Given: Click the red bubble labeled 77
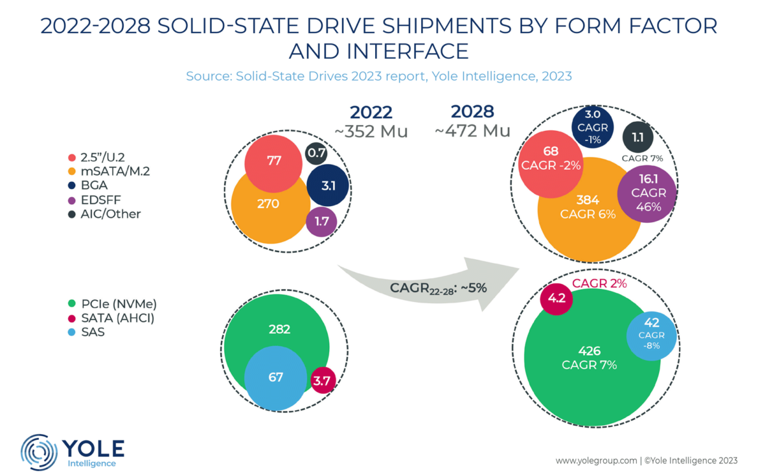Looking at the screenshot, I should [x=274, y=161].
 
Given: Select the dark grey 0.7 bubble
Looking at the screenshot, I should [x=316, y=154].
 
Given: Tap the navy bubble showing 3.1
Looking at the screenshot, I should [x=328, y=186].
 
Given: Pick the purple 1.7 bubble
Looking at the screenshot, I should [x=322, y=221].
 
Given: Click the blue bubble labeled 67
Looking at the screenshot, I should [x=275, y=377].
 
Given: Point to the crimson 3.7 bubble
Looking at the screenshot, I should [x=322, y=380].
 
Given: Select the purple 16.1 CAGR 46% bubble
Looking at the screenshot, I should [x=648, y=193].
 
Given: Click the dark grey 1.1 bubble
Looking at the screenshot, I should [x=637, y=137].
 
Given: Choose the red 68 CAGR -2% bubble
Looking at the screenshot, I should [x=551, y=159].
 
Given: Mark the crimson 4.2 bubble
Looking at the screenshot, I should [x=557, y=299].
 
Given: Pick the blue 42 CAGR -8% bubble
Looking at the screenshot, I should [x=652, y=336].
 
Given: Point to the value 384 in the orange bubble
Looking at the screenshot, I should [x=588, y=200].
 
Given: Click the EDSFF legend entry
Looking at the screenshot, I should [x=97, y=200].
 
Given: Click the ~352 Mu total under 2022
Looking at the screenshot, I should [x=371, y=132].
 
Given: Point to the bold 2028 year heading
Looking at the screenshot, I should [x=472, y=111].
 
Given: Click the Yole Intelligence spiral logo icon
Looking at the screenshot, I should [x=39, y=451].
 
